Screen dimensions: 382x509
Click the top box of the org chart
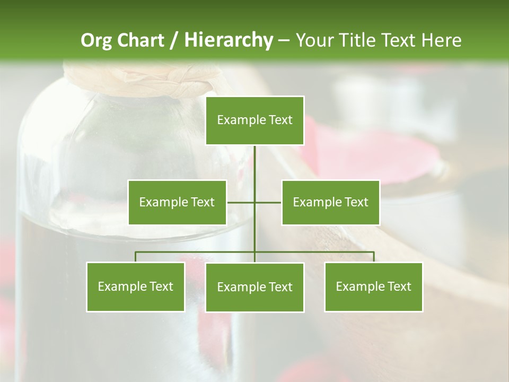click(254, 120)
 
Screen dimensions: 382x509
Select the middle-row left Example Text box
click(177, 202)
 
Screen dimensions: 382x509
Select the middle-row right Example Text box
click(330, 202)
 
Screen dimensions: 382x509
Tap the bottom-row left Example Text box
click(136, 286)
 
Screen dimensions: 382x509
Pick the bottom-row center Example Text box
click(254, 287)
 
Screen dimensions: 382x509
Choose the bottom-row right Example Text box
click(373, 286)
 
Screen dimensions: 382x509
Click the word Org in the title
click(96, 40)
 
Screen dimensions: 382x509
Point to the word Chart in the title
click(141, 40)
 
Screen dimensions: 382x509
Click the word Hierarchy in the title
click(228, 40)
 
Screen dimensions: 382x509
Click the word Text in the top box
click(280, 120)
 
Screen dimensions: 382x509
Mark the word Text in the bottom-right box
click(399, 286)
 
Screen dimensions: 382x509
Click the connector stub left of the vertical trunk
click(241, 202)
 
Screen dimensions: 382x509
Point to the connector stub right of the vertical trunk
click(268, 202)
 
